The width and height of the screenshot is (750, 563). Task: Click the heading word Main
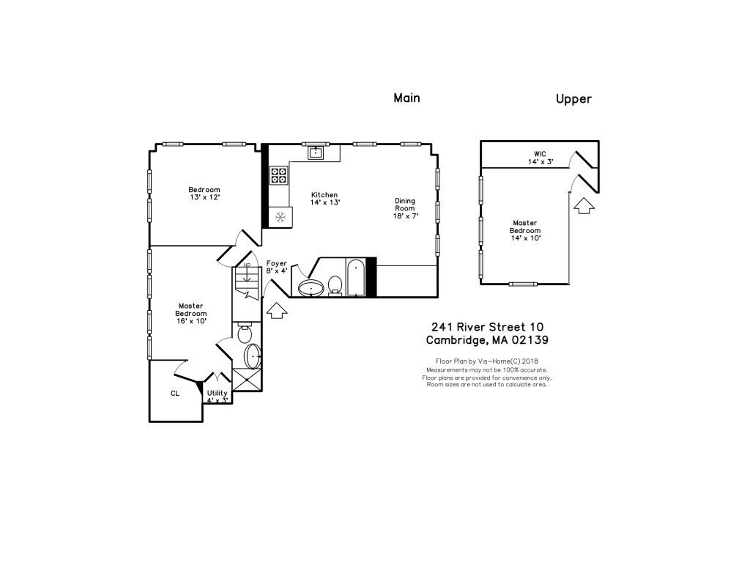[x=406, y=97]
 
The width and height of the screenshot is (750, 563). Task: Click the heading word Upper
[x=573, y=99]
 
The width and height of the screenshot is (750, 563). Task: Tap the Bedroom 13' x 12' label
[x=204, y=194]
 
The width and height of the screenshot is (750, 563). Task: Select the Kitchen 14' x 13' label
[x=324, y=198]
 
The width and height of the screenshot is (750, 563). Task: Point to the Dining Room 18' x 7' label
[x=405, y=208]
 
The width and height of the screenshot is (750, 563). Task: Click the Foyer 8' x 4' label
[x=276, y=267]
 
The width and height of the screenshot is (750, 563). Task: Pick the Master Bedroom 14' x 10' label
[x=524, y=230]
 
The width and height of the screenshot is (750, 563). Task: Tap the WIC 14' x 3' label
[x=540, y=158]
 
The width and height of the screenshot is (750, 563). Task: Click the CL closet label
[x=175, y=394]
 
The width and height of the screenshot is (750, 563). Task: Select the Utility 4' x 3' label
[x=218, y=397]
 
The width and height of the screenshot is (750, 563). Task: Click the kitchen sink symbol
[x=316, y=152]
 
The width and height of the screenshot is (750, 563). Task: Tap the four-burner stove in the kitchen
[x=279, y=174]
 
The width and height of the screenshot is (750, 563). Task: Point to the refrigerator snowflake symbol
[x=279, y=216]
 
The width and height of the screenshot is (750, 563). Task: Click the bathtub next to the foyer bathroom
[x=356, y=277]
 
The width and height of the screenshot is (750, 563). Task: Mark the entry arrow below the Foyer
[x=275, y=311]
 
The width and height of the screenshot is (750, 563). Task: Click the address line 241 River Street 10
[x=487, y=327]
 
